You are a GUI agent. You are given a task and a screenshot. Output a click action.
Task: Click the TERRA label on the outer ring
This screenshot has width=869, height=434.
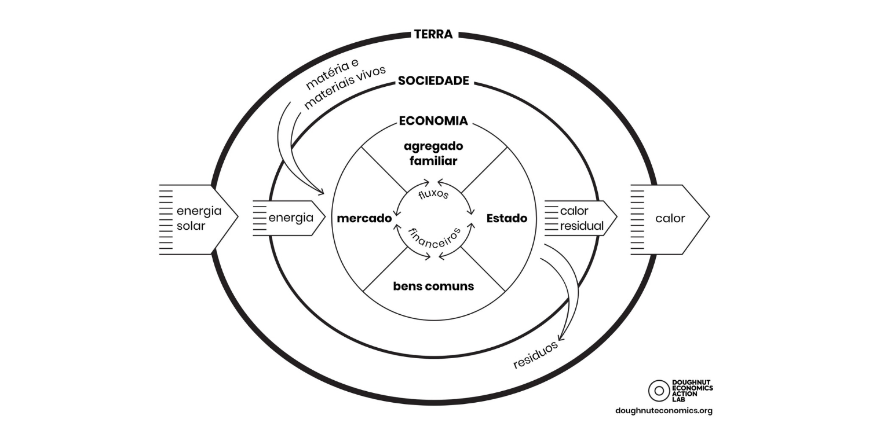(433, 34)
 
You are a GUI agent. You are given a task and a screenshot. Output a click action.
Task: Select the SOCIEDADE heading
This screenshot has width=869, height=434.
(433, 81)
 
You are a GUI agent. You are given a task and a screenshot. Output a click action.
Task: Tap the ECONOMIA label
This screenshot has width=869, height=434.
(433, 122)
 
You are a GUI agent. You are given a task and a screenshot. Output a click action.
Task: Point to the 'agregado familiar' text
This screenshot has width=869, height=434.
(433, 153)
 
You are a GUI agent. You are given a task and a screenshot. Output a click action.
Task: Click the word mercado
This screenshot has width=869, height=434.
(364, 219)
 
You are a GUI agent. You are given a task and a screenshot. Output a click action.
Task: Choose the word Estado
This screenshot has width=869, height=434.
(507, 219)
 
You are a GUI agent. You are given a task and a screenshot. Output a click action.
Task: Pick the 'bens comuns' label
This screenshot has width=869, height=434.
(433, 286)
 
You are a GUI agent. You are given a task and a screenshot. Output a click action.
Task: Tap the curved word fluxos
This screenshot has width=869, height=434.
(433, 194)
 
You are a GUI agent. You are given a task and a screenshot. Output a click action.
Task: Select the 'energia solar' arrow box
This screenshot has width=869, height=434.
(198, 219)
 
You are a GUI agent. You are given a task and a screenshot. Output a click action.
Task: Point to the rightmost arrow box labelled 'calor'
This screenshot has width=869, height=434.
(669, 219)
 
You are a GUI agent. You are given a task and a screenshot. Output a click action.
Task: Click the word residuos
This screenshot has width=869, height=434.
(535, 354)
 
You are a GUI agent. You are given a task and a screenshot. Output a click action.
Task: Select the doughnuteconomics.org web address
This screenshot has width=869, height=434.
(664, 411)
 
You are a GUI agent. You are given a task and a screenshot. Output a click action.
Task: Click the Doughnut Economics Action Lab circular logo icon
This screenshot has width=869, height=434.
(659, 391)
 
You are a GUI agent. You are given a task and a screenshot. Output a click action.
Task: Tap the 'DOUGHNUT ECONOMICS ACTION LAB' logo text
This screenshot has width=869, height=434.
(692, 391)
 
